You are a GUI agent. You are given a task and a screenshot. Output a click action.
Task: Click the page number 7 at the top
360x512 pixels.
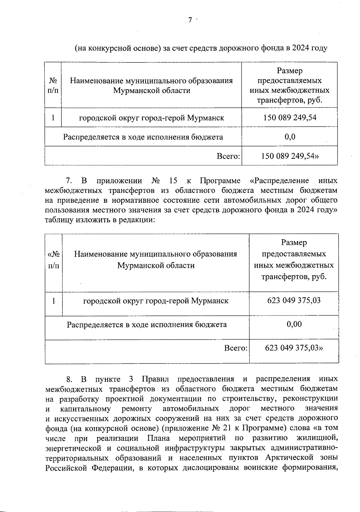tap(190, 20)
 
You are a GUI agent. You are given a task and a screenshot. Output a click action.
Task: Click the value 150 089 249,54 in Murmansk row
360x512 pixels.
tap(290, 118)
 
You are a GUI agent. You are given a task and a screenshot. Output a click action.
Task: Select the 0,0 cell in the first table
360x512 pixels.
tap(290, 137)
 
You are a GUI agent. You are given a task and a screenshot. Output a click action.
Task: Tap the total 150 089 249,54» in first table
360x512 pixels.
tap(290, 156)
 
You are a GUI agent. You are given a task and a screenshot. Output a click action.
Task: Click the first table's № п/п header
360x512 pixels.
tap(53, 85)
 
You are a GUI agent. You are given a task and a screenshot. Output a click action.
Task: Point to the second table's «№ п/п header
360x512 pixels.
tap(54, 260)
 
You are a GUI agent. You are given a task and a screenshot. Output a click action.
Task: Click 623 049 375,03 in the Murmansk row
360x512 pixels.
tap(294, 300)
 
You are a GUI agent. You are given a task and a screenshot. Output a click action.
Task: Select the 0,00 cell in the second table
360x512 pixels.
tap(294, 324)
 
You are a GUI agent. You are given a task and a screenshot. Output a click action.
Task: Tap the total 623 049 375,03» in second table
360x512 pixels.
tap(294, 348)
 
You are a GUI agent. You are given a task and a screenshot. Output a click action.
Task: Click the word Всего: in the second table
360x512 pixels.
tap(236, 348)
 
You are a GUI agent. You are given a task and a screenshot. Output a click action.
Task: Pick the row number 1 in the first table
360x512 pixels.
tap(53, 118)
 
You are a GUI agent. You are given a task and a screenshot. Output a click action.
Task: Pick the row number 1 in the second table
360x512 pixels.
tap(53, 301)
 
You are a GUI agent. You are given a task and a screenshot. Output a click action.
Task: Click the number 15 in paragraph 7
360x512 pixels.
tap(173, 181)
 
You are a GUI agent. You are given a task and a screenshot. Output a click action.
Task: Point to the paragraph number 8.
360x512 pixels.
tap(69, 379)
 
